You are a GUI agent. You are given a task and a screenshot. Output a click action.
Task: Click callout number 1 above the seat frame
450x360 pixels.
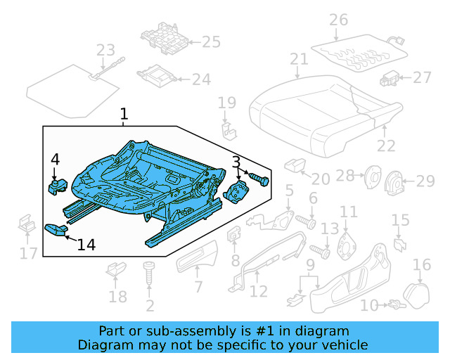(124, 113)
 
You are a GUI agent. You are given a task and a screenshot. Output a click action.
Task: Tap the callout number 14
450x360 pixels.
(86, 245)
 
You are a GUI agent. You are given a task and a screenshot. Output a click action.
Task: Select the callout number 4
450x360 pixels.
(56, 160)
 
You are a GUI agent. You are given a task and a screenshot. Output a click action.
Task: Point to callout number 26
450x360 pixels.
(339, 20)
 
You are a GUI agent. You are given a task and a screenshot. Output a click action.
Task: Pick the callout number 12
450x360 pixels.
(259, 291)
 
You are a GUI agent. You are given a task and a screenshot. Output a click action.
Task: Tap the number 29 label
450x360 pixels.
(425, 182)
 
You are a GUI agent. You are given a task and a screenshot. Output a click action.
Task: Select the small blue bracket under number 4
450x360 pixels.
(56, 185)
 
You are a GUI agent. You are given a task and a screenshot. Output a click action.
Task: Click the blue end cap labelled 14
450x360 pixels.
(55, 228)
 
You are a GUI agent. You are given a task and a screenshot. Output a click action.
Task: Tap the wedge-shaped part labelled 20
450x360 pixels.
(292, 165)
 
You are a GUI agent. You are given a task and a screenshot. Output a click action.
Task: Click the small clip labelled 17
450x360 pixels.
(25, 225)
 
